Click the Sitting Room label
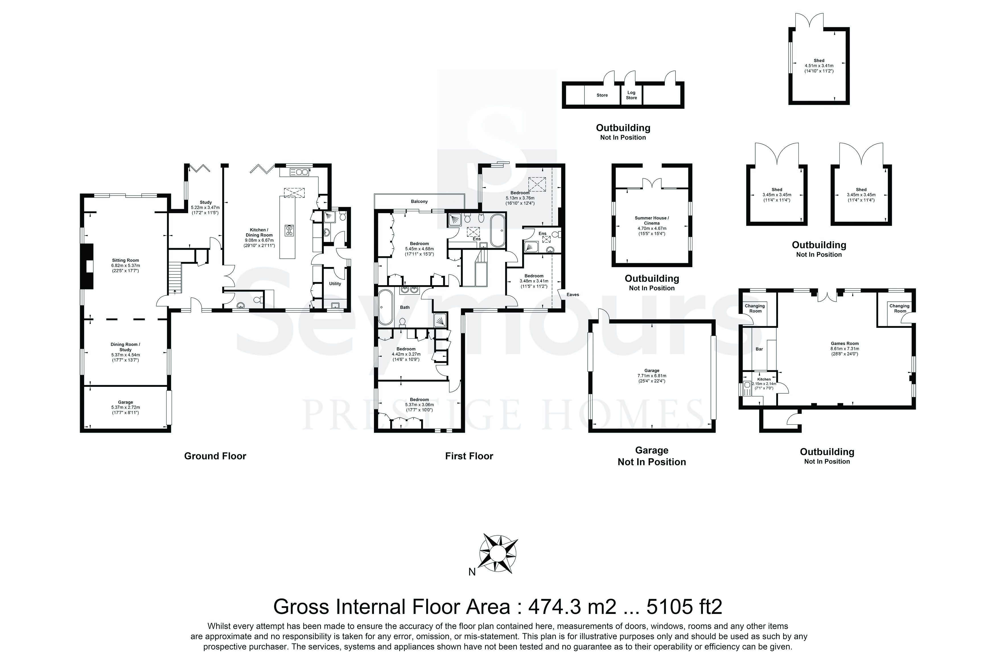125,260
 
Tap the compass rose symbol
498,554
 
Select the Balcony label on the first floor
419,202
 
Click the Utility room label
335,284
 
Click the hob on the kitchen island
289,230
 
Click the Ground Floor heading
215,456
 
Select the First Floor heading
469,456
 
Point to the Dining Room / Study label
125,347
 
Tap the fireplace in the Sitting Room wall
88,266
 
